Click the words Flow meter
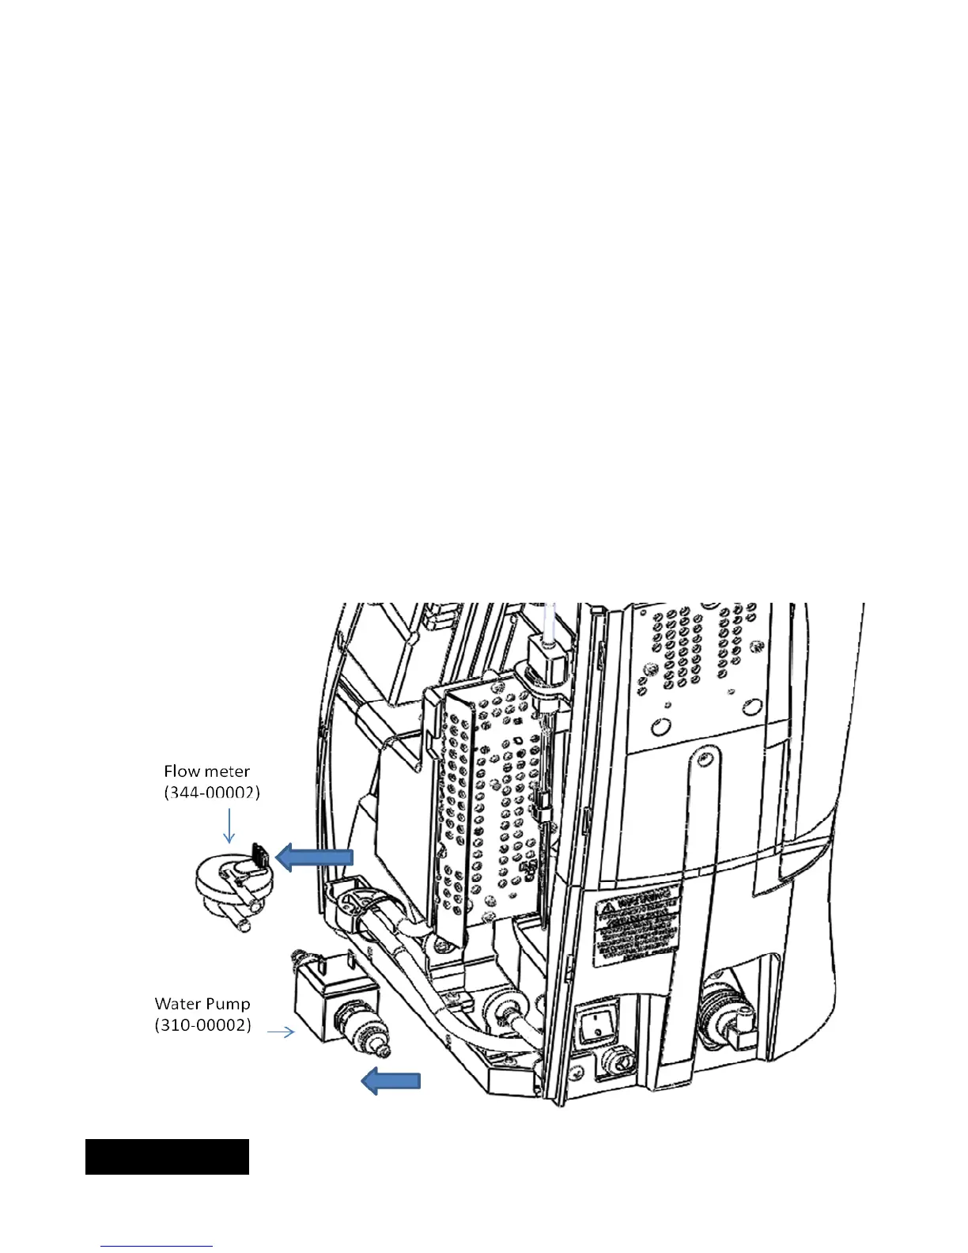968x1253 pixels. pos(206,771)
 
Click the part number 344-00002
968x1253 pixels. pos(212,792)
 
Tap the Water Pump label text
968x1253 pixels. pos(202,1004)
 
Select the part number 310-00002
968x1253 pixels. pos(203,1025)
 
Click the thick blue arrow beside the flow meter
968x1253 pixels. pos(314,857)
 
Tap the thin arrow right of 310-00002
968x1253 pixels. pos(281,1032)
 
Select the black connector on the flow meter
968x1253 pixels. pos(260,854)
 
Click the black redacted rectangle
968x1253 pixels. pos(167,1156)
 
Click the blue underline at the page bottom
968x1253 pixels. pos(157,1246)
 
